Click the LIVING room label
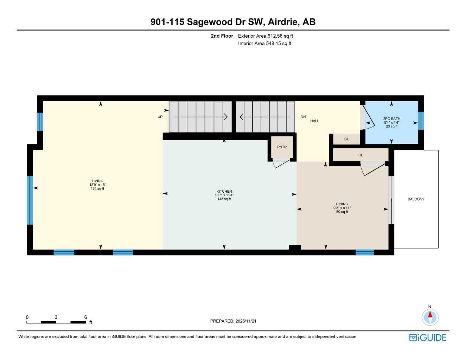[x=97, y=181]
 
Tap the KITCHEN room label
[x=224, y=192]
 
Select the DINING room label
[x=342, y=204]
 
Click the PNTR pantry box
[x=282, y=147]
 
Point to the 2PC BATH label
[x=391, y=119]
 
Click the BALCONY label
[x=416, y=199]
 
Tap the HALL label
[x=314, y=121]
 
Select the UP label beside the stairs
[x=160, y=117]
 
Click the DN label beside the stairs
[x=303, y=117]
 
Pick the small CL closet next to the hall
[x=346, y=139]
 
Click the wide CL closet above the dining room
[x=360, y=155]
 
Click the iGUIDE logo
[x=428, y=337]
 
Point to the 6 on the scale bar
[x=85, y=317]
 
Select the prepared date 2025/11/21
[x=246, y=321]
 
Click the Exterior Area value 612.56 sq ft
[x=280, y=36]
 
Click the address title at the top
[x=233, y=22]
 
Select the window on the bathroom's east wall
[x=421, y=121]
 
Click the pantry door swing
[x=281, y=162]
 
